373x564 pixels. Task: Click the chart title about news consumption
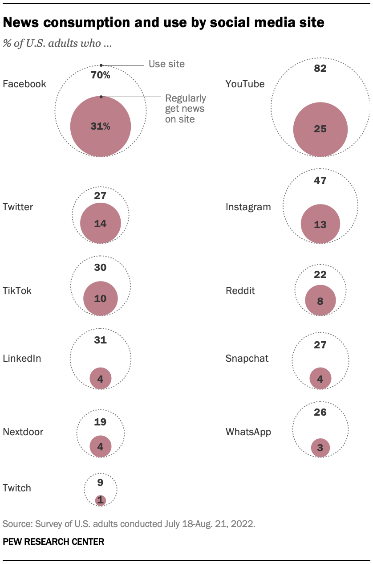pyautogui.click(x=163, y=23)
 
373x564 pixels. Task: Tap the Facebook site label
pyautogui.click(x=24, y=84)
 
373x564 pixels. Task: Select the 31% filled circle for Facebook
pyautogui.click(x=101, y=127)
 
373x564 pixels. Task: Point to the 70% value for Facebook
pyautogui.click(x=101, y=75)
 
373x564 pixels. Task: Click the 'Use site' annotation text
pyautogui.click(x=166, y=64)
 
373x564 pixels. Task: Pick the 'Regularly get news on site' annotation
pyautogui.click(x=186, y=108)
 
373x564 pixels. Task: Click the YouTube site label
pyautogui.click(x=245, y=84)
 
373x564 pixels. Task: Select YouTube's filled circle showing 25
pyautogui.click(x=320, y=129)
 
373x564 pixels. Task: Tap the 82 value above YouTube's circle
pyautogui.click(x=320, y=68)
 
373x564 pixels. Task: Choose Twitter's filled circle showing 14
pyautogui.click(x=101, y=224)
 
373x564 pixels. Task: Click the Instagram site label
pyautogui.click(x=248, y=207)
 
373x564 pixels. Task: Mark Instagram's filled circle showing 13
pyautogui.click(x=320, y=225)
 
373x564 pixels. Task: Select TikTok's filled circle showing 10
pyautogui.click(x=101, y=298)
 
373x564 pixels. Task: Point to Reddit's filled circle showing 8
pyautogui.click(x=320, y=300)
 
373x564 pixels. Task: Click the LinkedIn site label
pyautogui.click(x=22, y=358)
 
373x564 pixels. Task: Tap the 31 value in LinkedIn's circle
pyautogui.click(x=101, y=340)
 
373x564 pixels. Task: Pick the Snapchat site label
pyautogui.click(x=247, y=358)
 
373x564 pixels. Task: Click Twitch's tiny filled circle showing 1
pyautogui.click(x=101, y=500)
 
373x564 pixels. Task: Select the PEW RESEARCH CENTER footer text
pyautogui.click(x=53, y=542)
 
